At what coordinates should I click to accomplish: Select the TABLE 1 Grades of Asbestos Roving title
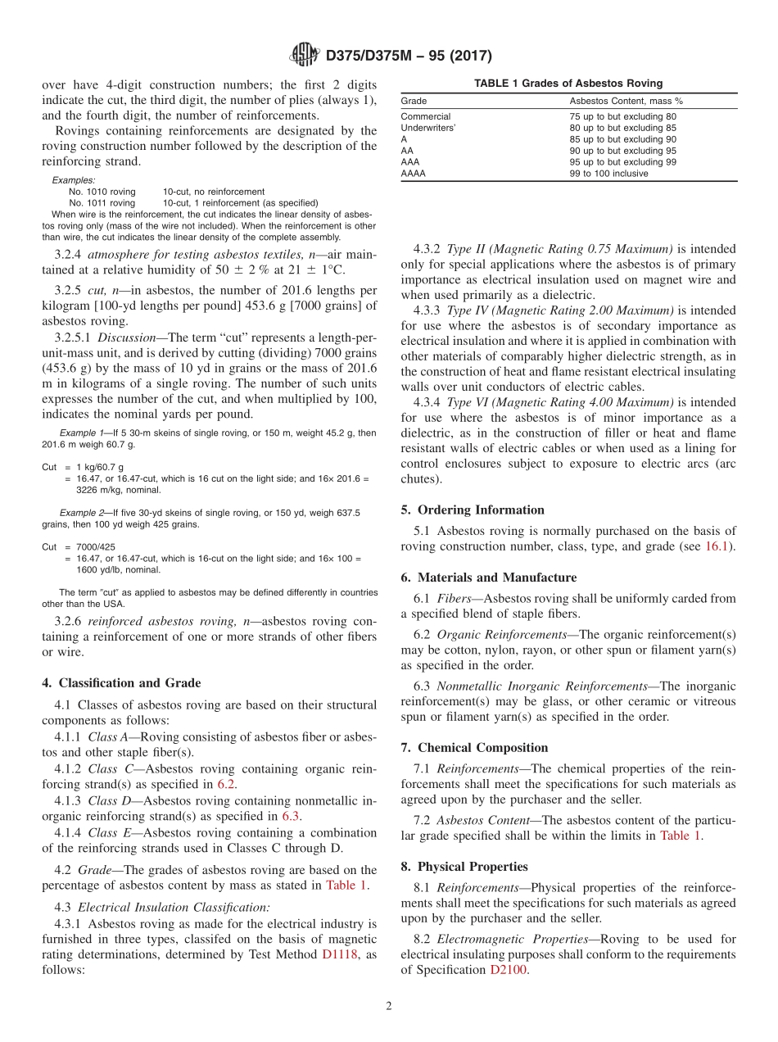pyautogui.click(x=568, y=84)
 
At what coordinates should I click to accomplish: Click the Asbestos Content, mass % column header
pyautogui.click(x=626, y=101)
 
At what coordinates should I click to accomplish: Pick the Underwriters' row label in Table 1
pyautogui.click(x=427, y=128)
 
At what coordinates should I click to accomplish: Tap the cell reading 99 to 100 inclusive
pyautogui.click(x=608, y=174)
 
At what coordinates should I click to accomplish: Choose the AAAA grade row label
pyautogui.click(x=414, y=174)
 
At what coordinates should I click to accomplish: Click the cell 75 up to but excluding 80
pyautogui.click(x=622, y=116)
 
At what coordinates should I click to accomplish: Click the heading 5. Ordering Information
pyautogui.click(x=473, y=510)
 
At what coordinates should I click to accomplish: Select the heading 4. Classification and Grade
pyautogui.click(x=121, y=682)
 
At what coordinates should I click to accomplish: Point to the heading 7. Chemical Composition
pyautogui.click(x=474, y=747)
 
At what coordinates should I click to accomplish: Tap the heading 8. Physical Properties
pyautogui.click(x=464, y=866)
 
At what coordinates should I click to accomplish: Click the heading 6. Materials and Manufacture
pyautogui.click(x=488, y=577)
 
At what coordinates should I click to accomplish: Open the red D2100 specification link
pyautogui.click(x=509, y=970)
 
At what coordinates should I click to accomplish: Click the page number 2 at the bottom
pyautogui.click(x=389, y=1007)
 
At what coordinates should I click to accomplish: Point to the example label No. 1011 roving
pyautogui.click(x=102, y=202)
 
